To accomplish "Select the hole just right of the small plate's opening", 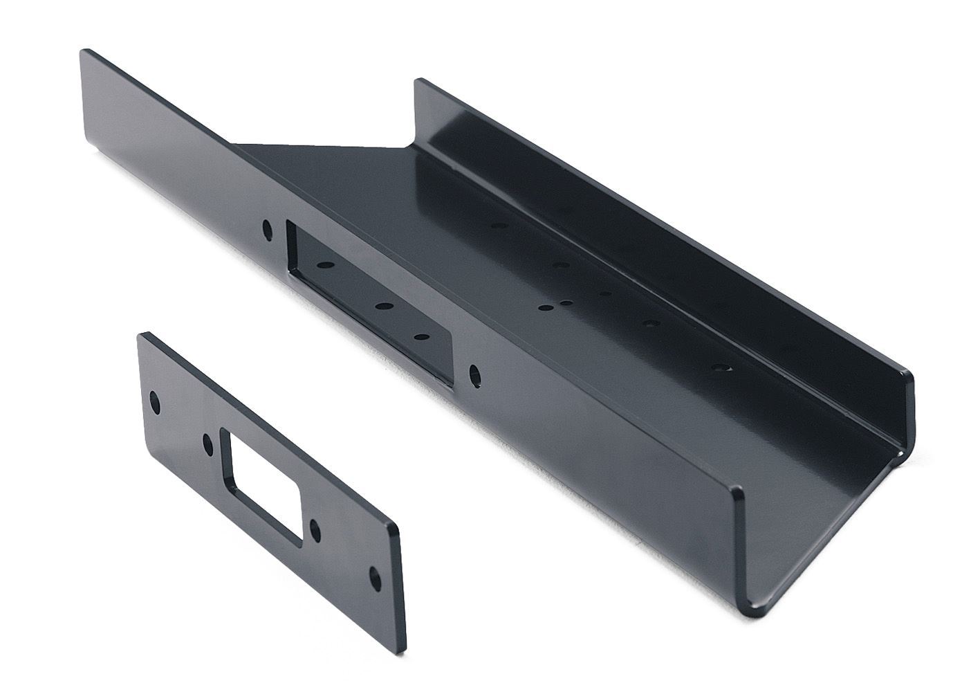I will (315, 531).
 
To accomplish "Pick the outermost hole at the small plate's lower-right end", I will (374, 576).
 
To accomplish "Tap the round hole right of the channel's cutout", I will (475, 374).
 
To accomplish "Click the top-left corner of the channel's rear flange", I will (418, 82).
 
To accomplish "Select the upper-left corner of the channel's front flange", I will (84, 51).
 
